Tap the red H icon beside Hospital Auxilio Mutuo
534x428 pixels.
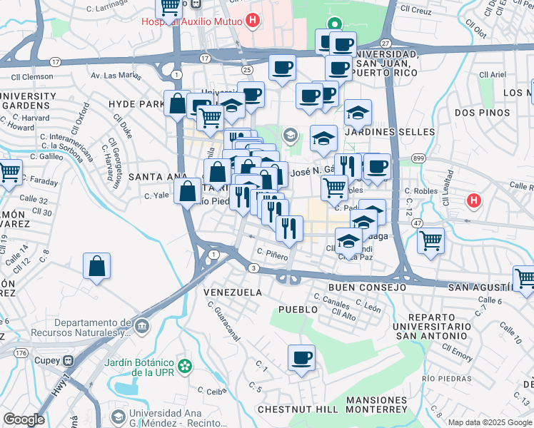coord(251,21)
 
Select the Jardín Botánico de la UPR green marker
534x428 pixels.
coord(186,367)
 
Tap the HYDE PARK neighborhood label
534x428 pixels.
coord(136,104)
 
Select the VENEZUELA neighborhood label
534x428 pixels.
coord(232,292)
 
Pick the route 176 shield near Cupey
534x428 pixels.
coord(21,352)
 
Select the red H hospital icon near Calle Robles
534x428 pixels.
coord(473,201)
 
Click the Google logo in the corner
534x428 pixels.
coord(24,419)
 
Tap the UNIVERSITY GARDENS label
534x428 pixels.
coord(30,101)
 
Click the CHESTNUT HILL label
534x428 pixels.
coord(297,409)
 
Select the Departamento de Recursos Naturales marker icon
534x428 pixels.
coord(142,326)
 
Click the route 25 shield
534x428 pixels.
coord(247,70)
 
